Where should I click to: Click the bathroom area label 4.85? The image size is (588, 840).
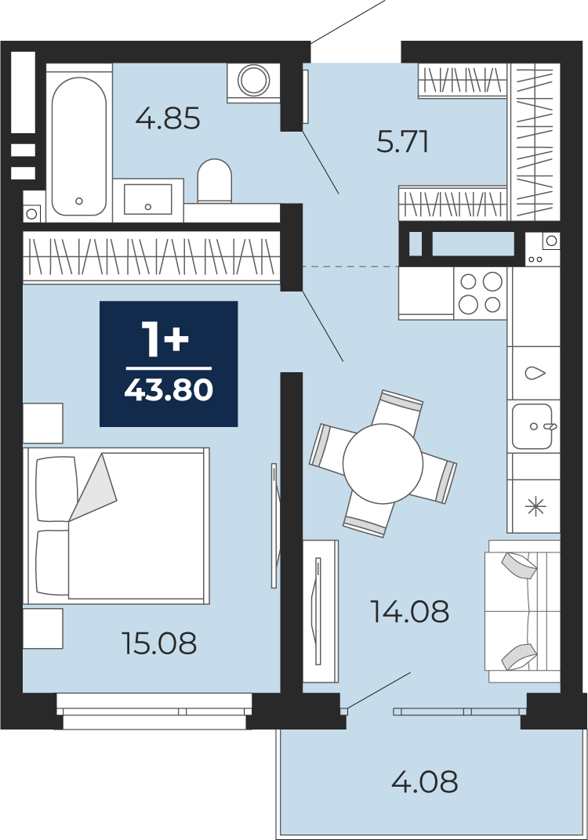pyautogui.click(x=168, y=118)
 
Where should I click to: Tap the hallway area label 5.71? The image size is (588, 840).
pyautogui.click(x=402, y=143)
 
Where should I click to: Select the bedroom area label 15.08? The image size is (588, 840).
pyautogui.click(x=160, y=643)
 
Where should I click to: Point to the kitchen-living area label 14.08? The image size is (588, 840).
pyautogui.click(x=410, y=611)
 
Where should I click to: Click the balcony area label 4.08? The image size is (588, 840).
pyautogui.click(x=424, y=781)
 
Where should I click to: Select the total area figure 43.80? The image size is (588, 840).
pyautogui.click(x=169, y=390)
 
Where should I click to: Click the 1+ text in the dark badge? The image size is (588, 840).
pyautogui.click(x=165, y=339)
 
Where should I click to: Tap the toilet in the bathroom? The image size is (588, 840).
pyautogui.click(x=214, y=180)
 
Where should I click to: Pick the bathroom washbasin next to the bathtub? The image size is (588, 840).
pyautogui.click(x=148, y=199)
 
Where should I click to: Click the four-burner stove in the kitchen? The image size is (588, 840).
pyautogui.click(x=481, y=294)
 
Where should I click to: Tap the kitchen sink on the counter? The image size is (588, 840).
pyautogui.click(x=533, y=426)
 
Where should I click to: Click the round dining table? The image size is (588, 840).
pyautogui.click(x=383, y=463)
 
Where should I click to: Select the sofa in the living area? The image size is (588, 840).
pyautogui.click(x=522, y=611)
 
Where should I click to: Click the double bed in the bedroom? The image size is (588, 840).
pyautogui.click(x=116, y=526)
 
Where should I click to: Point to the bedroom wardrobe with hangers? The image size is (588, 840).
pyautogui.click(x=151, y=256)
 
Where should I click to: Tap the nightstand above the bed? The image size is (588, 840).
pyautogui.click(x=43, y=423)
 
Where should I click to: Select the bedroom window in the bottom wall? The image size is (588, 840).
pyautogui.click(x=154, y=711)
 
